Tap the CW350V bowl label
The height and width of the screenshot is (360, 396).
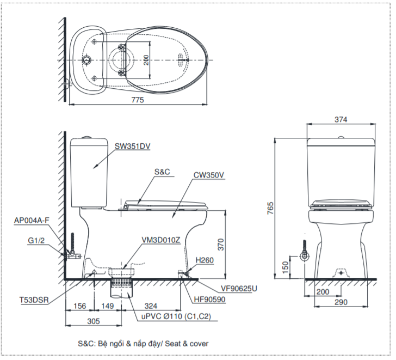pos(208,175)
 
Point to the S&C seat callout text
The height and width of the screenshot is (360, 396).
pos(162,171)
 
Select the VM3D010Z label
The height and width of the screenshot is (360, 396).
pos(160,240)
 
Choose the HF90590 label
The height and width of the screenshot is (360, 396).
pos(211,299)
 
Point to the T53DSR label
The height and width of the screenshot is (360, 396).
pos(33,299)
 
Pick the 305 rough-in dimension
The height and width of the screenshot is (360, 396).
pos(93,321)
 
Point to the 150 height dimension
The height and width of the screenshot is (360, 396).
pos(286,266)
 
